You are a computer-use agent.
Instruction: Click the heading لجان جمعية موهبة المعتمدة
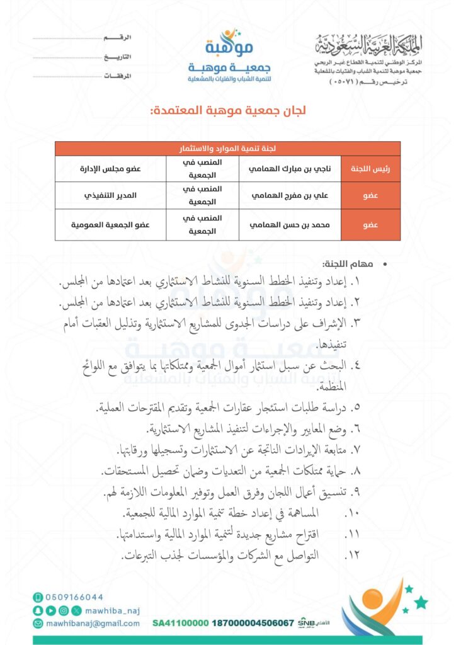pyautogui.click(x=228, y=111)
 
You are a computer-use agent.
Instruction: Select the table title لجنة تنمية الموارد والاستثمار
pyautogui.click(x=228, y=149)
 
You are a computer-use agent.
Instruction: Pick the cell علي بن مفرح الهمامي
pyautogui.click(x=290, y=195)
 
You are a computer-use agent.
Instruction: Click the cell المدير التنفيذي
pyautogui.click(x=110, y=195)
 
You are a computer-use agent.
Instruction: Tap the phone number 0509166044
pyautogui.click(x=74, y=597)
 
